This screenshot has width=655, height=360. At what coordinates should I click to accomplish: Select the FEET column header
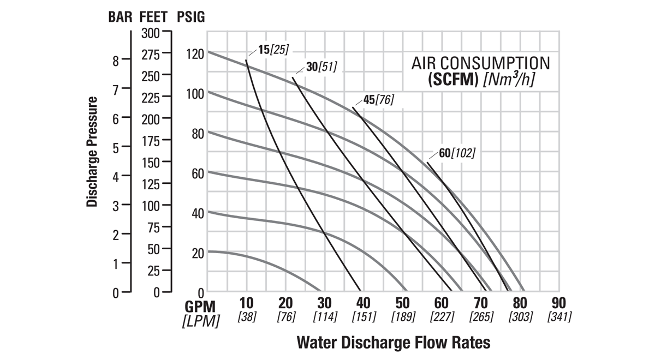[x=153, y=17]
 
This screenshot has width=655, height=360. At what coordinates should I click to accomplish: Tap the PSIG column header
[x=191, y=17]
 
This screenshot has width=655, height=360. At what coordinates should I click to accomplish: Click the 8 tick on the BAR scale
[x=116, y=61]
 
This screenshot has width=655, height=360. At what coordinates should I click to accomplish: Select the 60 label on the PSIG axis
[x=198, y=173]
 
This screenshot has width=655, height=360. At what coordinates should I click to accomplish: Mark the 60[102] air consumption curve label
[x=457, y=153]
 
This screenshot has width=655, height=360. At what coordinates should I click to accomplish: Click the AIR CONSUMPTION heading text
[x=480, y=63]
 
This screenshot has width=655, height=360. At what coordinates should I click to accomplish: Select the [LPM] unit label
[x=200, y=321]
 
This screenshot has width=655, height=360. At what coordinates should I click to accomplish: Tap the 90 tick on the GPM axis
[x=559, y=303]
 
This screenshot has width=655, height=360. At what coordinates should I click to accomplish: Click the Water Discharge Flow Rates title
[x=393, y=343]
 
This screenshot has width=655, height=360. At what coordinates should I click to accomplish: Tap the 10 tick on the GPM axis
[x=247, y=303]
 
